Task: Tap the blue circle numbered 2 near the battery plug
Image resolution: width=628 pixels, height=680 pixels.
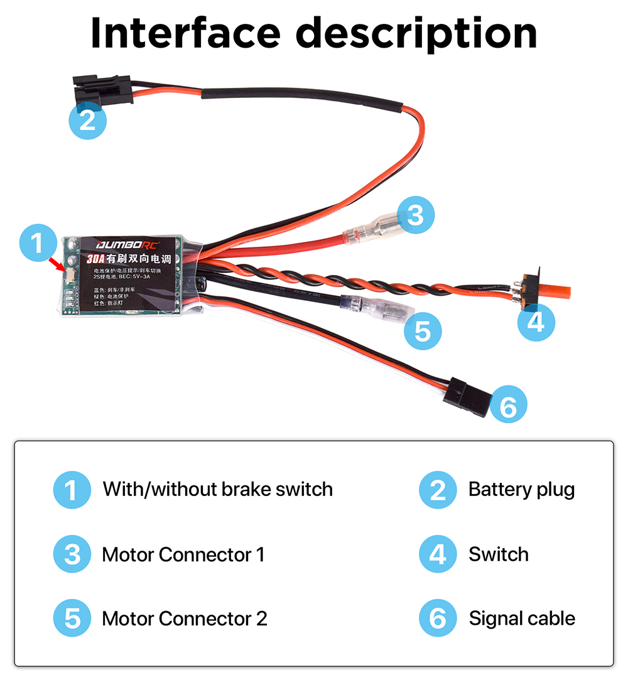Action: pos(87,119)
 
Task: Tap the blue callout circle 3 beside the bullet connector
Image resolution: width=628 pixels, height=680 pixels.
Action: pos(415,215)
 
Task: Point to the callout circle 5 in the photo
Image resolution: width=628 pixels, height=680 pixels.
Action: pos(423,330)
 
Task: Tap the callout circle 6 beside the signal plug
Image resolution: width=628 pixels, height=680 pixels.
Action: pos(508,406)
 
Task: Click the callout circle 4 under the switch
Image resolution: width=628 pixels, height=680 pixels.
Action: pos(536,321)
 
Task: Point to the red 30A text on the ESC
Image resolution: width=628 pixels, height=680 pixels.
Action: pos(95,259)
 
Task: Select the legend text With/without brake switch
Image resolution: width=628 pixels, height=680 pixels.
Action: pos(217,488)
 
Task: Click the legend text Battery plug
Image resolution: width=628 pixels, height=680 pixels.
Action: pos(521,488)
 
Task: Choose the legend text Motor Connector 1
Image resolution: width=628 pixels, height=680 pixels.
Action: pos(183,554)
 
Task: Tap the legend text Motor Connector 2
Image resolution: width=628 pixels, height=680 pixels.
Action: pos(184,618)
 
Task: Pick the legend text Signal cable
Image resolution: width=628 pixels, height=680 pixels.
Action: pos(522,618)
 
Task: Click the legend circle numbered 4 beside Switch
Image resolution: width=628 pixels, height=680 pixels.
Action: pos(438,554)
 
